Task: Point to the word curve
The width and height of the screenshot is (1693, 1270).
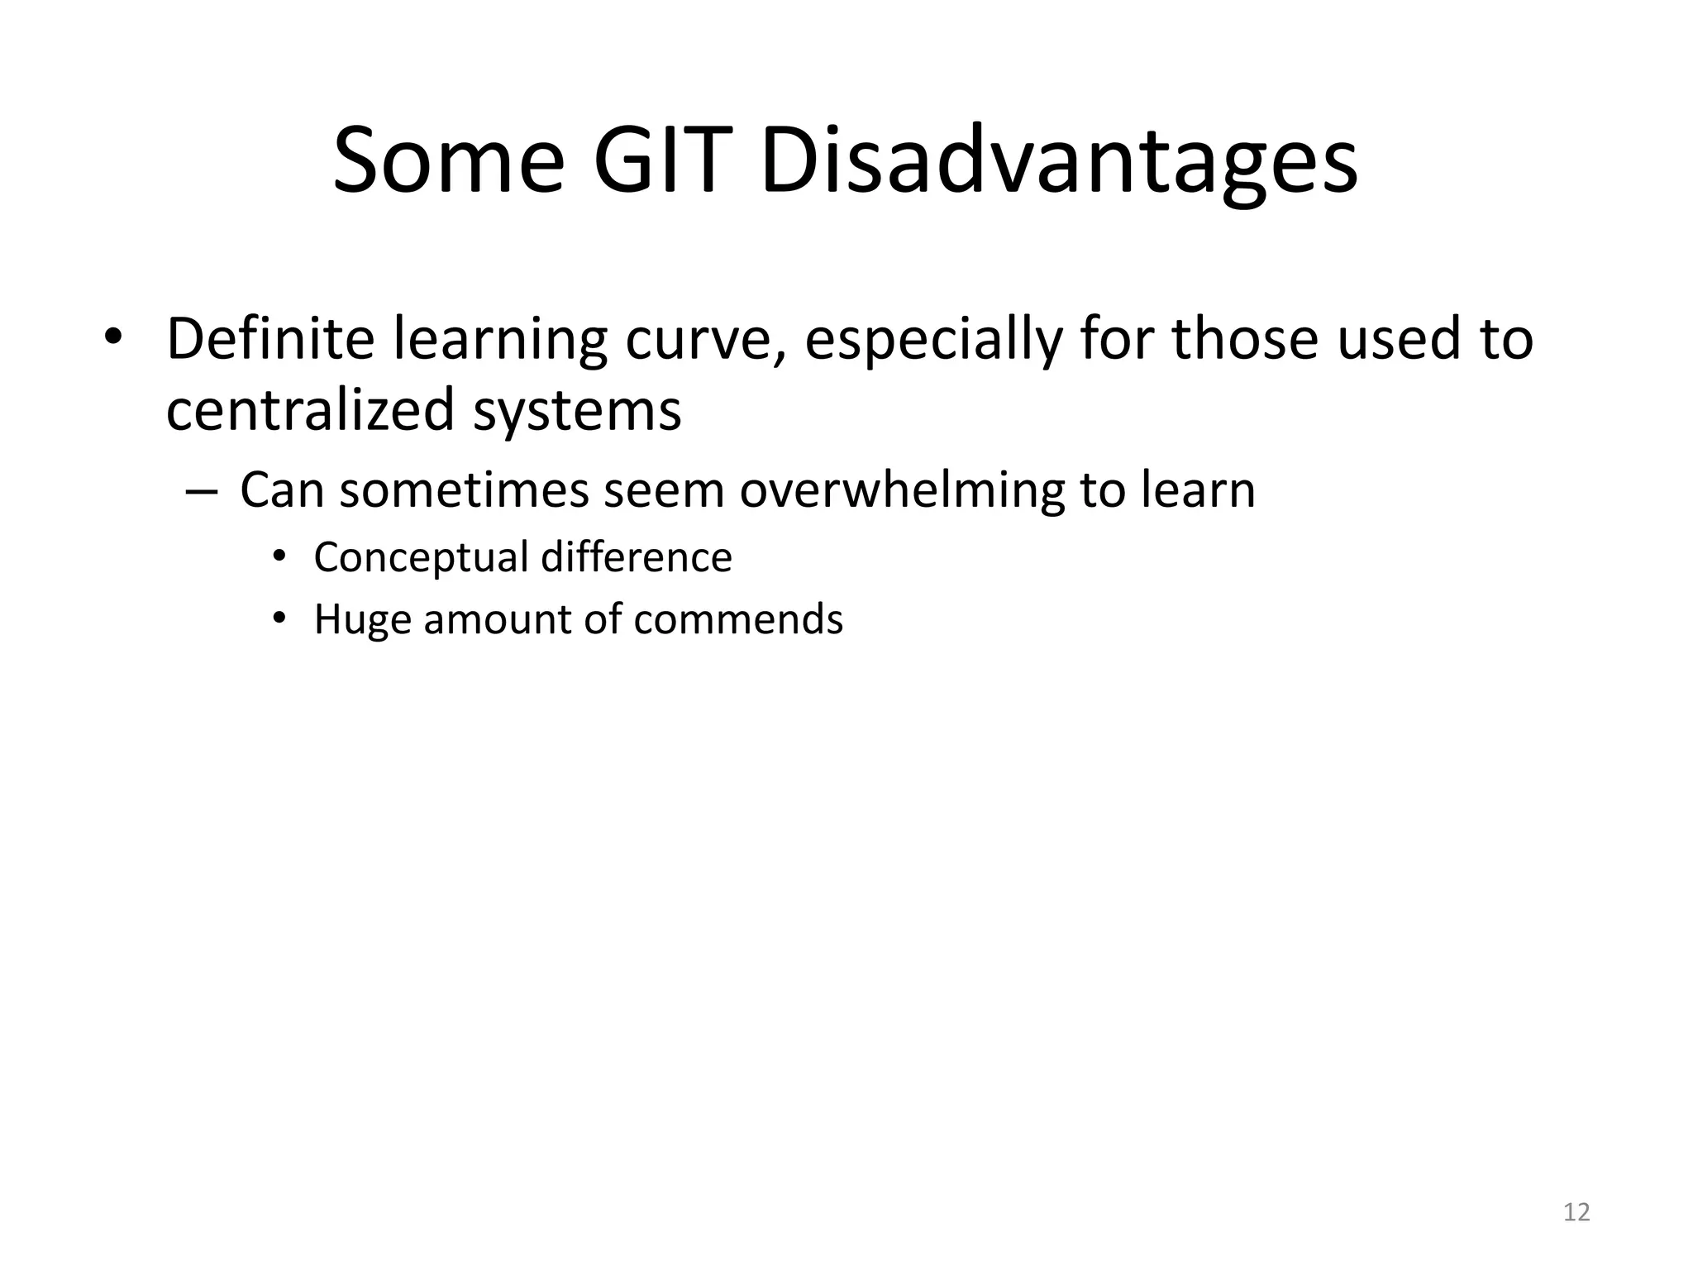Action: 703,340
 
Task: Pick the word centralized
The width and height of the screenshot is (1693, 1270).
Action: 310,410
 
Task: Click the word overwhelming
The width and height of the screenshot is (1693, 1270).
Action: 901,490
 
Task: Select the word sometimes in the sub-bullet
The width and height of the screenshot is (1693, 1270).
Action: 464,490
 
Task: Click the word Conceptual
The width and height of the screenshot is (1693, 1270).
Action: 420,557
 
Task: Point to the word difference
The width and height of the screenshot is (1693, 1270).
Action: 637,557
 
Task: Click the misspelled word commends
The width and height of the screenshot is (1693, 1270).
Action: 738,619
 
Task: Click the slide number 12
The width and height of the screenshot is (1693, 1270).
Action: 1576,1212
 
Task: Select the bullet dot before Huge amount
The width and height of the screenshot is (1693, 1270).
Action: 279,618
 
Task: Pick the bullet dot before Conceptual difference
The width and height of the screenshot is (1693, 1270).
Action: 279,556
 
